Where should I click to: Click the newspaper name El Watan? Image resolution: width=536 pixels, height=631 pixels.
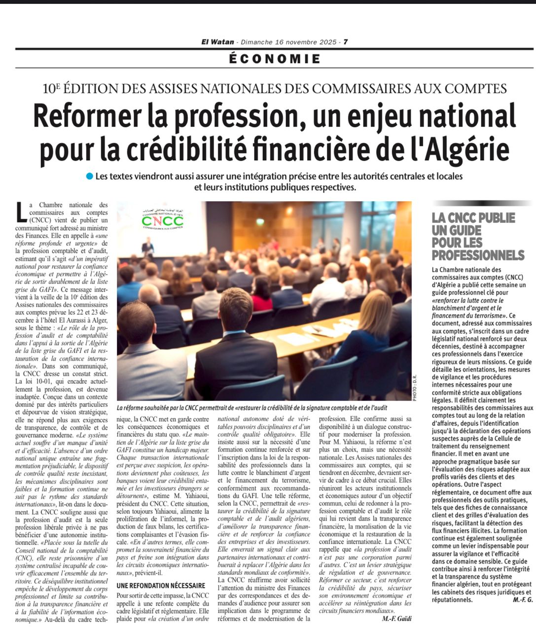[x=217, y=42]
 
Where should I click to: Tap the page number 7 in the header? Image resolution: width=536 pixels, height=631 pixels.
[x=346, y=42]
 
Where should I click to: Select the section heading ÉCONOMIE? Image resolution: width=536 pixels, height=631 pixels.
[x=275, y=59]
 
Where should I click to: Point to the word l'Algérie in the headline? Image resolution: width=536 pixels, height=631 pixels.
[x=463, y=149]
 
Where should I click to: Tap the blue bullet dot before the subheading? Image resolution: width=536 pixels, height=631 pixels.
[x=89, y=176]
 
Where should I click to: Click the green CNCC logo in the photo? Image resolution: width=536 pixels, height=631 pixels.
[x=162, y=220]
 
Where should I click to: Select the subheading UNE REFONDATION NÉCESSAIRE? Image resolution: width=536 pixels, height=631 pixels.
[x=161, y=585]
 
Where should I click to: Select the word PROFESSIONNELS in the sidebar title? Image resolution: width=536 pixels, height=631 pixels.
[x=478, y=255]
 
